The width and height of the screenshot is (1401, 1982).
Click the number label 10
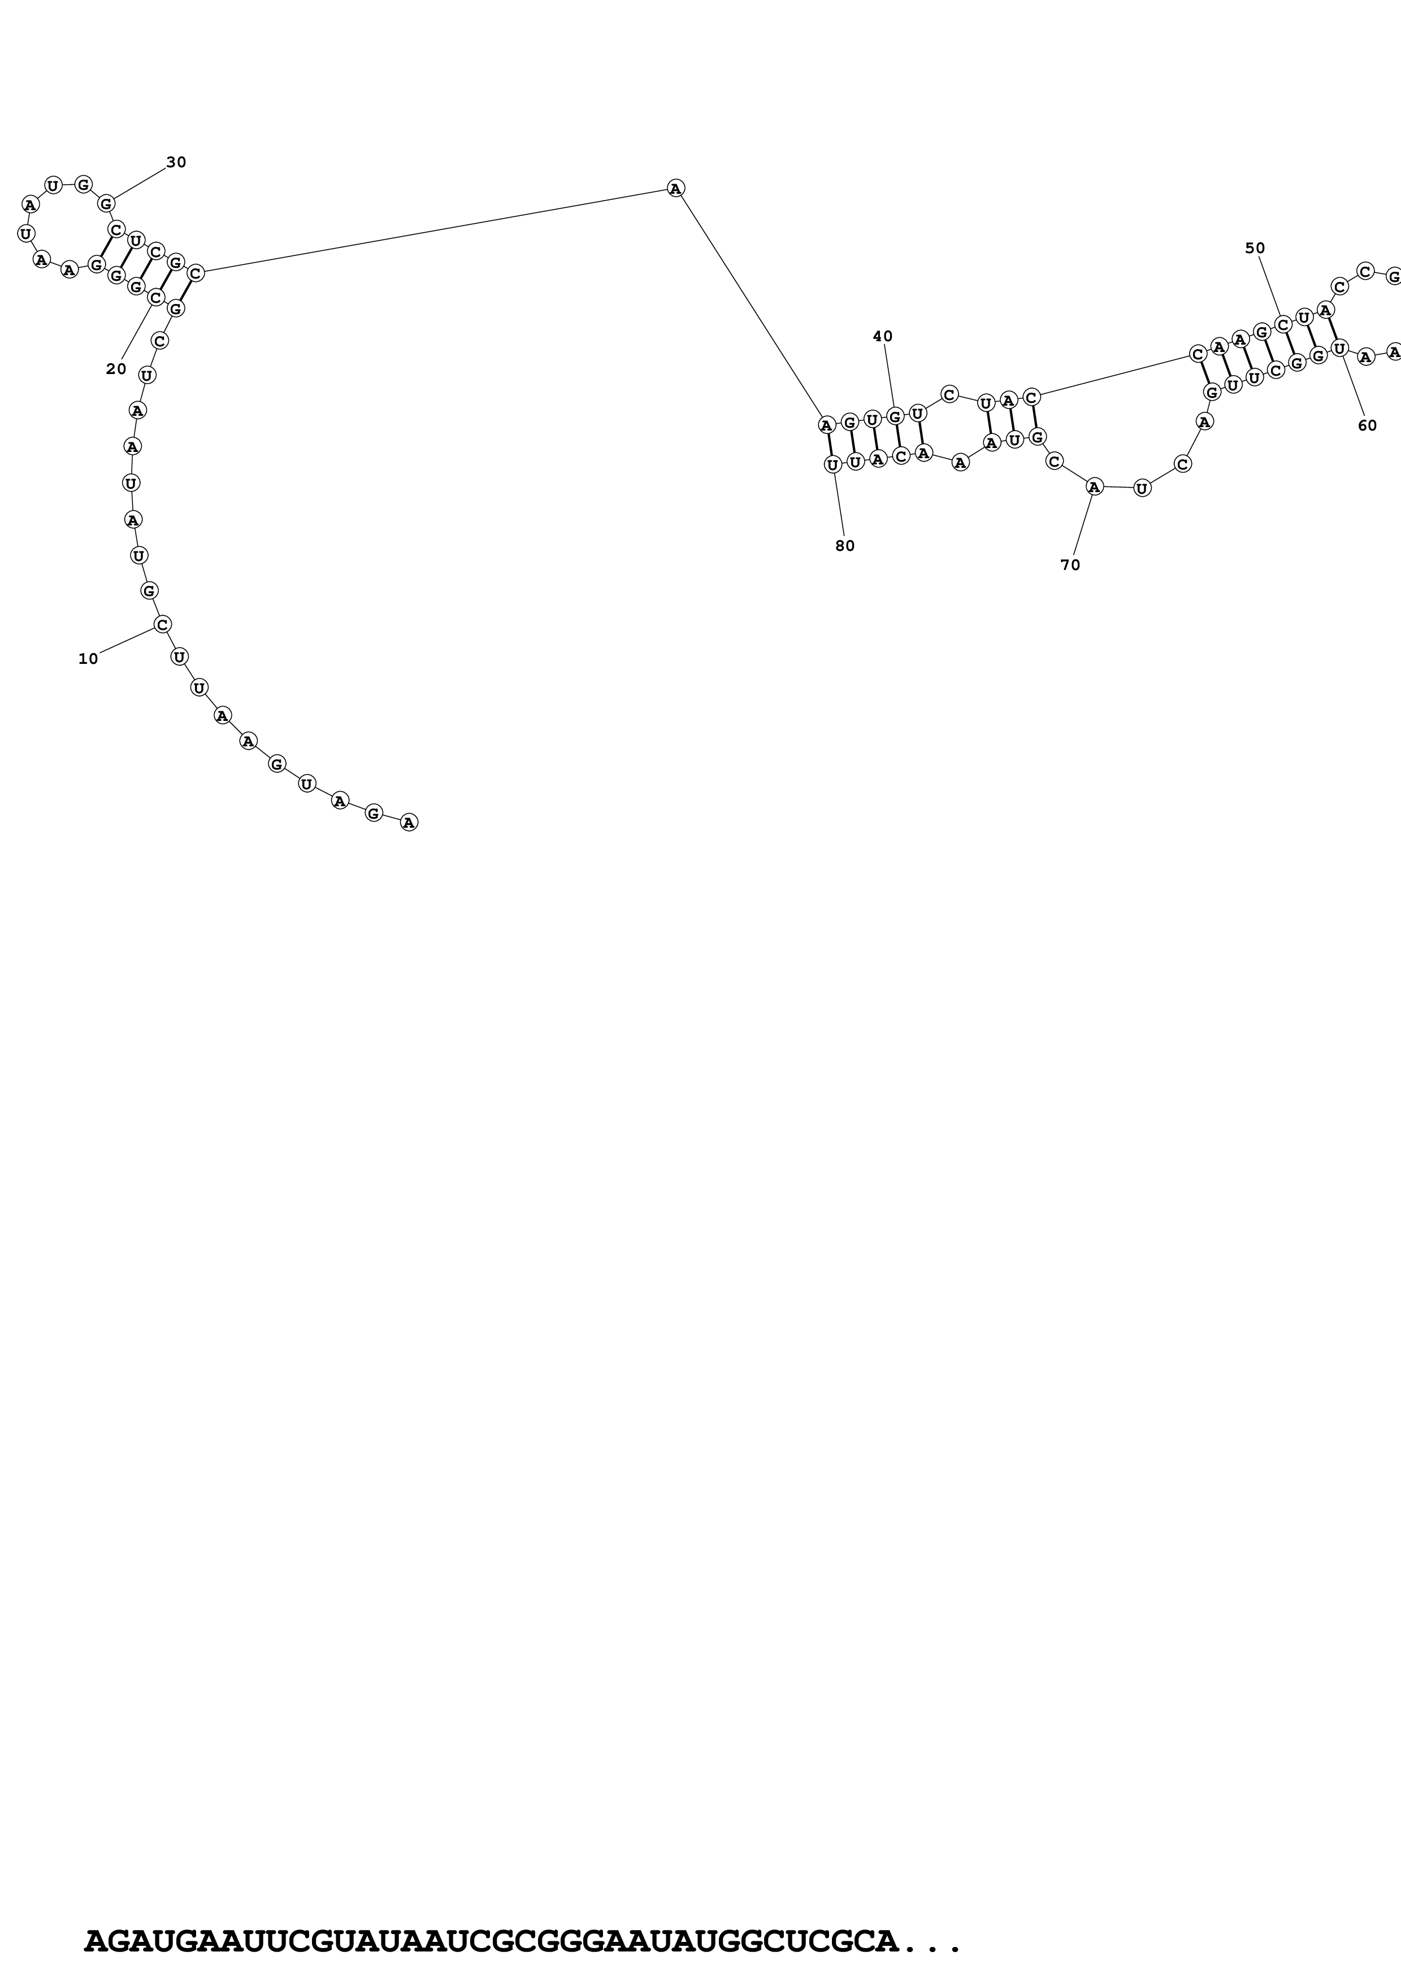88,659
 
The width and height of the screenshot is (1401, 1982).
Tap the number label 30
176,162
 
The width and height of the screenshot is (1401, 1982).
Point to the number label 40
882,337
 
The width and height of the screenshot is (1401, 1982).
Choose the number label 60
1367,425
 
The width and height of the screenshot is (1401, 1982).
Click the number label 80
844,546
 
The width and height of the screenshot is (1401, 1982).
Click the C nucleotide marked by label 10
162,624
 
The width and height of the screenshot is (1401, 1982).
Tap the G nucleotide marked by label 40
895,417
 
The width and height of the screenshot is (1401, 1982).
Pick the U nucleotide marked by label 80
832,464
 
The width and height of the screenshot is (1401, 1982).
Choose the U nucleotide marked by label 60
1339,348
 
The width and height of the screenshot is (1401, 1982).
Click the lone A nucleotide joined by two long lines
676,188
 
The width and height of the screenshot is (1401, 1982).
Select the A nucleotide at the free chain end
409,822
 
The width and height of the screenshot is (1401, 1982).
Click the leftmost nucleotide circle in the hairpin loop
26,233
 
